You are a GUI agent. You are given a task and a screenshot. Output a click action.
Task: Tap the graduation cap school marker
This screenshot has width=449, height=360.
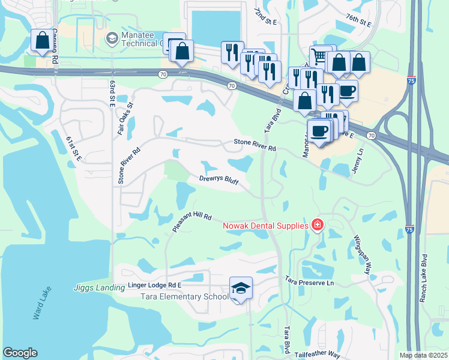point(241,289)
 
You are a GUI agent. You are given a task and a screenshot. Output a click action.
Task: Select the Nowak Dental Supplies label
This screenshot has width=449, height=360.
point(265,226)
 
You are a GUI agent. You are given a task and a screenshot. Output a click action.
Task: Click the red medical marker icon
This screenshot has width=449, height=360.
point(317,226)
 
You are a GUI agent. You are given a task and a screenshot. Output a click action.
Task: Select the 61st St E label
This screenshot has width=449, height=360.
point(73,149)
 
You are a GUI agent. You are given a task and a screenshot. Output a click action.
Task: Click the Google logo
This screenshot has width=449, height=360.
point(20,353)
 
